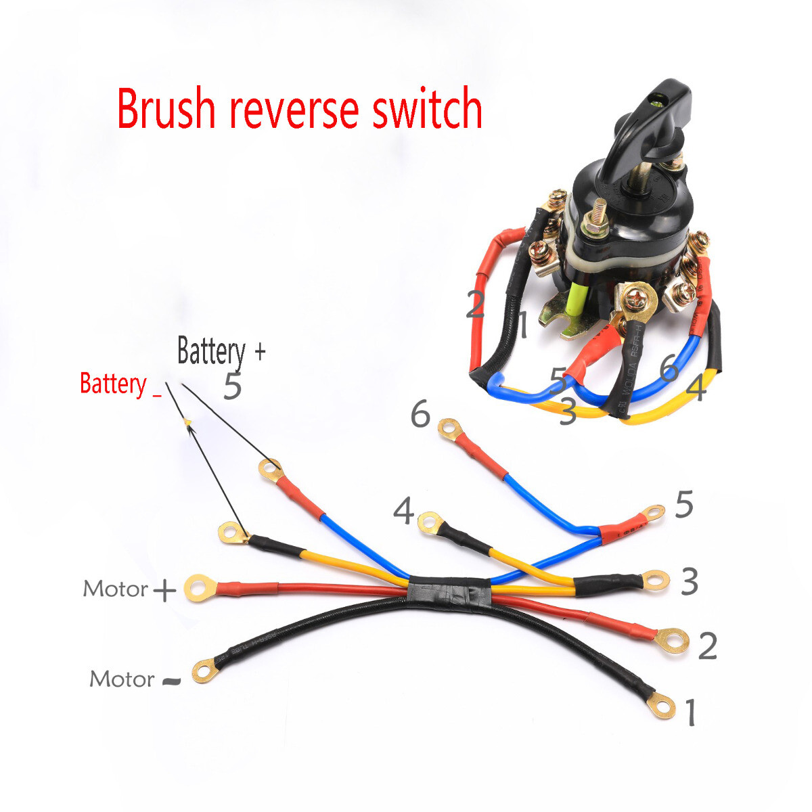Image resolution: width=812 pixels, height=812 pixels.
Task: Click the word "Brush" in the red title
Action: [166, 108]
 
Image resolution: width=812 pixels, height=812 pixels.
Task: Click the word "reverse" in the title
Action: [295, 110]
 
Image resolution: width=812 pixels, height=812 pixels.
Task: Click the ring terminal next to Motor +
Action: [198, 588]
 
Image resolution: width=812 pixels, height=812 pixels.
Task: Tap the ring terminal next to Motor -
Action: [204, 671]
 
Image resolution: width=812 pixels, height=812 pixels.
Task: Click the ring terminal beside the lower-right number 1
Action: [661, 707]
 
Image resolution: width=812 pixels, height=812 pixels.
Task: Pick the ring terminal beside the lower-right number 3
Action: [654, 579]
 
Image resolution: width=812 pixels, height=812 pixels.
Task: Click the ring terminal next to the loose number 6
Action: [448, 428]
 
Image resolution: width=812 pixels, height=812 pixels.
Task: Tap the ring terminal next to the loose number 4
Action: [428, 522]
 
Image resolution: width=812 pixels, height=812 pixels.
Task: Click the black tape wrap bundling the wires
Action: [450, 591]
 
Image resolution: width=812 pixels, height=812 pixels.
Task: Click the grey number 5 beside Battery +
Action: [232, 386]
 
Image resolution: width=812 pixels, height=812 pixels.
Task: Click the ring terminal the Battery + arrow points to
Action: [271, 470]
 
